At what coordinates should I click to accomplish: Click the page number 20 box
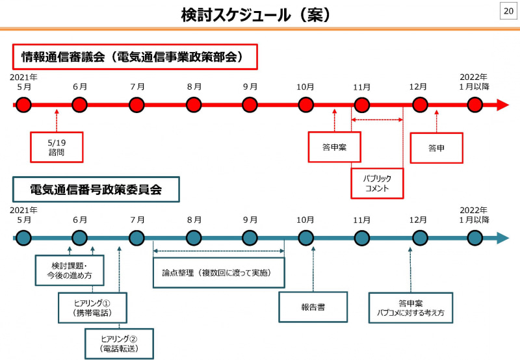(x=507, y=11)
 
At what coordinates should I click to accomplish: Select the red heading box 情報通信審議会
(x=135, y=57)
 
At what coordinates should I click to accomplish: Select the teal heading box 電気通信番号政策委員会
(x=96, y=190)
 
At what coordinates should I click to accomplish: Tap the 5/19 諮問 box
(x=57, y=147)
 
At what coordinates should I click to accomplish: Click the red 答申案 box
(x=334, y=147)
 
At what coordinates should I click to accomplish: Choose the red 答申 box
(x=436, y=148)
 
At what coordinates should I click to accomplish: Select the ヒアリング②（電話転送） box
(x=120, y=344)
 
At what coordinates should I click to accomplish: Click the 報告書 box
(x=313, y=307)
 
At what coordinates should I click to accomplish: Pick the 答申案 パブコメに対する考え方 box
(x=410, y=307)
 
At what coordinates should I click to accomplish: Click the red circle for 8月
(x=194, y=105)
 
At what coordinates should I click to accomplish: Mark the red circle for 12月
(x=420, y=105)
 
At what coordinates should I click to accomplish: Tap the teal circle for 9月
(x=250, y=238)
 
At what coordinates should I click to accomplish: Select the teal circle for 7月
(x=136, y=238)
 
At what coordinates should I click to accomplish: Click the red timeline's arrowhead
(x=502, y=105)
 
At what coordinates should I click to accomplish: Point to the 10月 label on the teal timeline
(x=305, y=220)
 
